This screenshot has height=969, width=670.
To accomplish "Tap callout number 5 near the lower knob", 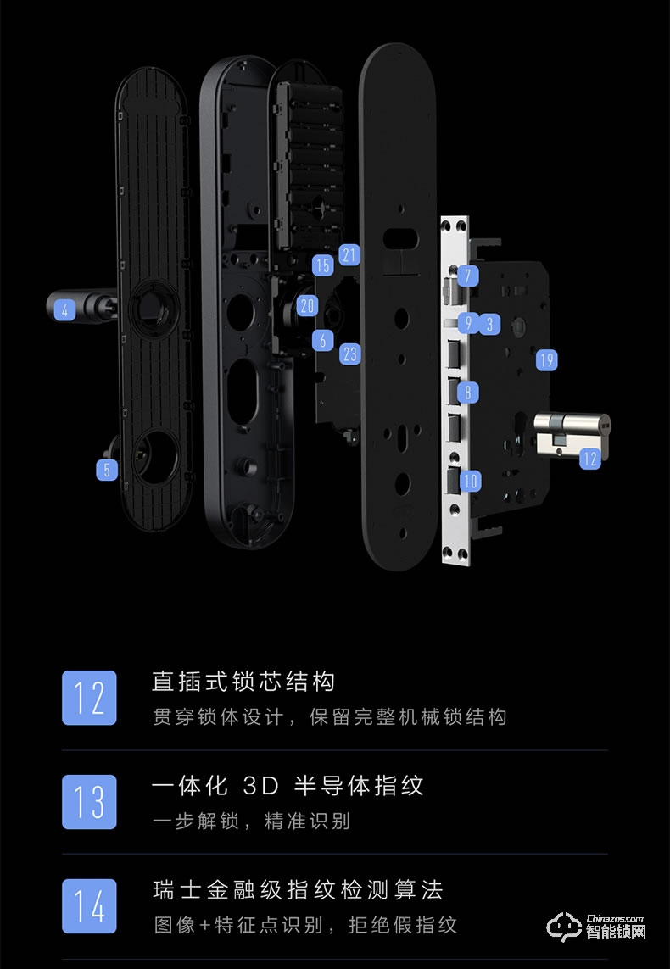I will (106, 469).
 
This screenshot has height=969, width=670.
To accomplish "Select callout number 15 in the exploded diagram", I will (322, 265).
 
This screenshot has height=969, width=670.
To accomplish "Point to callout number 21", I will (349, 254).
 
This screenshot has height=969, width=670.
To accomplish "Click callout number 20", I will (307, 306).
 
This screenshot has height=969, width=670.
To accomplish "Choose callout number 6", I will (322, 340).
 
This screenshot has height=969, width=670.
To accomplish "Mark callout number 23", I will (350, 354).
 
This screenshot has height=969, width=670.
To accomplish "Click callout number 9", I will (467, 323).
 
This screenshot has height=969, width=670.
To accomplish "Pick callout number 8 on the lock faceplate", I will (467, 392).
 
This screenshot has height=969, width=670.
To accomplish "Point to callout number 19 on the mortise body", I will (547, 361).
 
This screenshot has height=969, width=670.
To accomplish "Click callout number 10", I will (471, 481).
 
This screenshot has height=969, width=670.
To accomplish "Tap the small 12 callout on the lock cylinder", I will (589, 459).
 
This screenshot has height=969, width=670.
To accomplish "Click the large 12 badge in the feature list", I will (89, 697).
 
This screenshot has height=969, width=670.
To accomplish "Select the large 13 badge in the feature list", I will (89, 801).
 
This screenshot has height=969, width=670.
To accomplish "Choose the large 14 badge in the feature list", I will (89, 905).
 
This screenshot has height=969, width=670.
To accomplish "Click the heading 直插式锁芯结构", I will (243, 681).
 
